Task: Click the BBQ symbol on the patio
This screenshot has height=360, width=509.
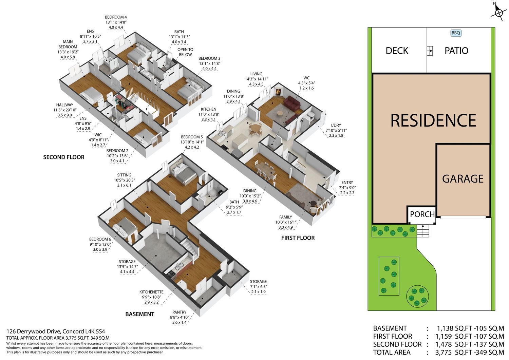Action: pyautogui.click(x=456, y=33)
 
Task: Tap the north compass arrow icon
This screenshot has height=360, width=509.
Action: pyautogui.click(x=499, y=11)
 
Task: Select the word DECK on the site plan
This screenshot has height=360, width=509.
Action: pyautogui.click(x=397, y=51)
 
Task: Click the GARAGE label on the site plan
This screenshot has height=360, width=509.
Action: pyautogui.click(x=463, y=178)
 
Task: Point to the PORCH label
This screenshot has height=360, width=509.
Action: pyautogui.click(x=422, y=214)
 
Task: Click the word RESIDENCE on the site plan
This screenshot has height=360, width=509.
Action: pyautogui.click(x=433, y=120)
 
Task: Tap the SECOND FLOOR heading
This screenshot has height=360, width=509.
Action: pyautogui.click(x=64, y=157)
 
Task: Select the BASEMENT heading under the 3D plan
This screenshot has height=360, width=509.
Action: pyautogui.click(x=140, y=314)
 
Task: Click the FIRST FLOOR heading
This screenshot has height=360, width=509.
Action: pyautogui.click(x=298, y=238)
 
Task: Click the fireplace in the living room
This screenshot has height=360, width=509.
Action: pyautogui.click(x=278, y=92)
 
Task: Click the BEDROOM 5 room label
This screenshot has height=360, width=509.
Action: pyautogui.click(x=192, y=137)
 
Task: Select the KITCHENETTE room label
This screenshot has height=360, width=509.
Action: pyautogui.click(x=151, y=292)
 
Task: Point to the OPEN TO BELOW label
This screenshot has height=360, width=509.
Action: pyautogui.click(x=185, y=52)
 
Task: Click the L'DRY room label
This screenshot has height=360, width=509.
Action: pyautogui.click(x=336, y=125)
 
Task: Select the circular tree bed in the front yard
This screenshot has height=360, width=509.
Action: pyautogui.click(x=418, y=296)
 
